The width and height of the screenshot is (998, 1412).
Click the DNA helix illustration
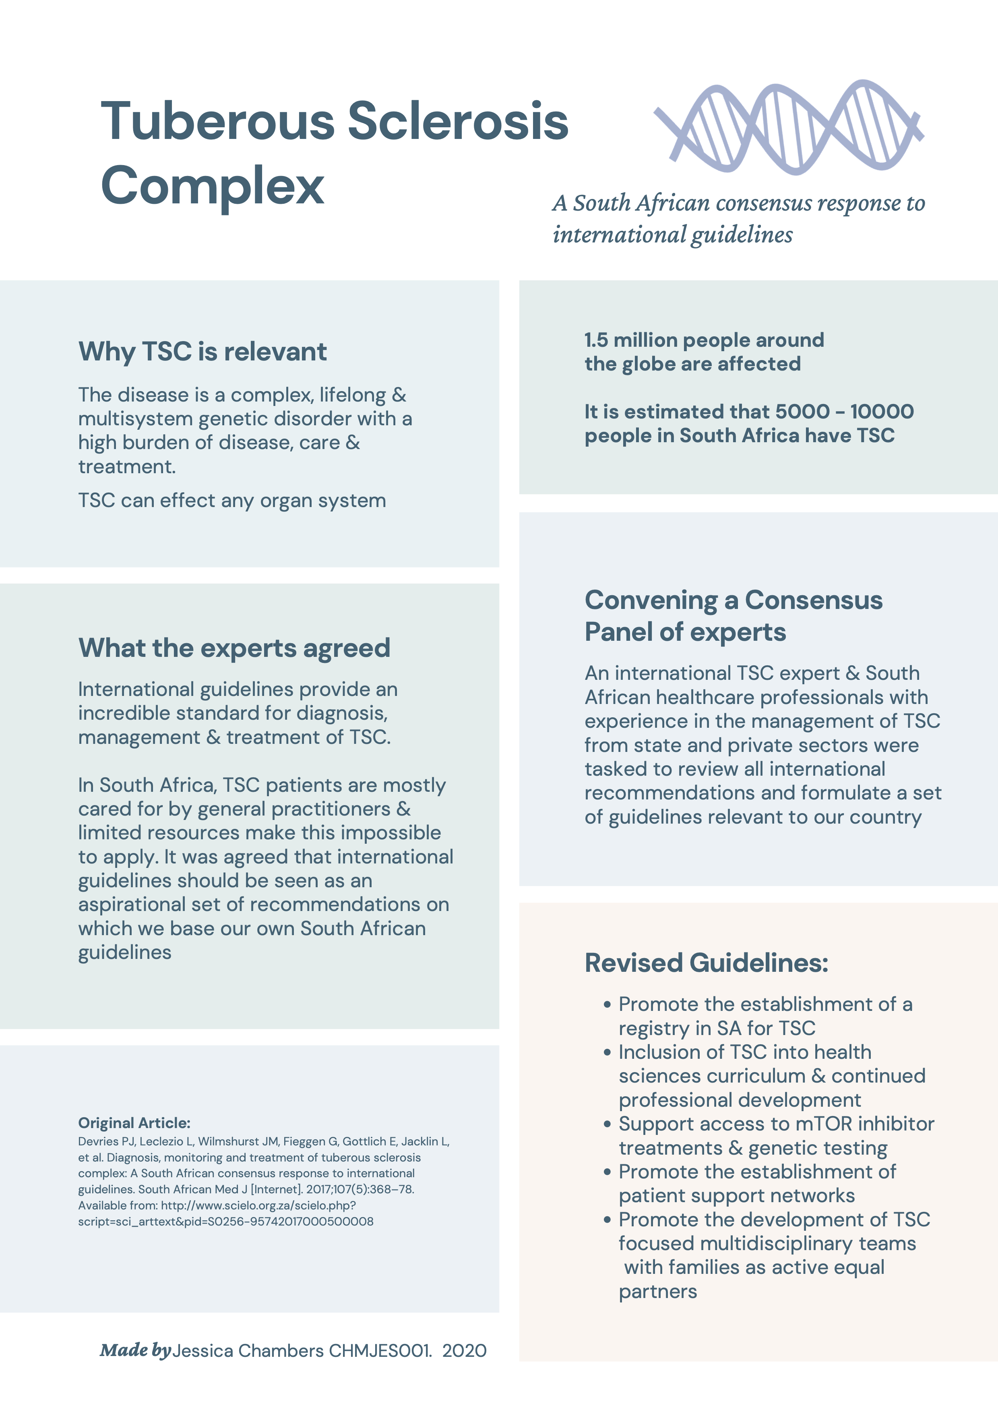click(x=789, y=126)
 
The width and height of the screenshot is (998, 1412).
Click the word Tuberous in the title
click(x=218, y=121)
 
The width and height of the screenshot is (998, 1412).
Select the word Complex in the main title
click(x=212, y=185)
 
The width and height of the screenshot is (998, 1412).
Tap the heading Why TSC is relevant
click(x=202, y=352)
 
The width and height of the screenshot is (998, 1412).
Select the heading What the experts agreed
click(x=233, y=648)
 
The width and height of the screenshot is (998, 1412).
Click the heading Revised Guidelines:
click(x=706, y=963)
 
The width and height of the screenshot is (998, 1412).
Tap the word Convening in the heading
click(x=651, y=600)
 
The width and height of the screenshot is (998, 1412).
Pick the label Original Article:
click(x=134, y=1123)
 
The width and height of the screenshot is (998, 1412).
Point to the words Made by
click(x=135, y=1350)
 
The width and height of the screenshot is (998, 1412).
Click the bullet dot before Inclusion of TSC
click(x=607, y=1053)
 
